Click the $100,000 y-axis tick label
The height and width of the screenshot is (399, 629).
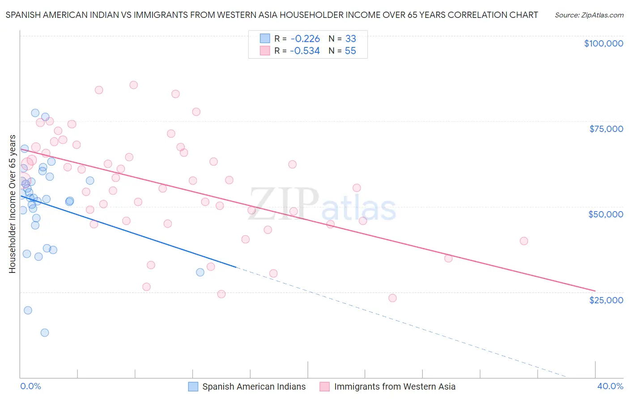point(603,43)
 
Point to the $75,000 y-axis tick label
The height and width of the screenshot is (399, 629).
point(606,129)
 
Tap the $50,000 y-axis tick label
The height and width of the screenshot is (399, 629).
point(606,214)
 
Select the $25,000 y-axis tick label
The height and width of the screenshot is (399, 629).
point(606,300)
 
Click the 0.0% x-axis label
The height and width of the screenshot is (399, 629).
point(30,386)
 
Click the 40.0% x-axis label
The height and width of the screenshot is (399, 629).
point(610,386)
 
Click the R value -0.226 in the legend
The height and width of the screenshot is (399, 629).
point(305,39)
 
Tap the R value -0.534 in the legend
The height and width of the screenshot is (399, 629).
point(305,51)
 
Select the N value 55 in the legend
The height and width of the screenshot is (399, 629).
point(350,51)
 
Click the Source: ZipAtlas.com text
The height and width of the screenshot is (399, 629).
point(589,15)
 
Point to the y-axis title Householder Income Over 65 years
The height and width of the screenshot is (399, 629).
point(12,204)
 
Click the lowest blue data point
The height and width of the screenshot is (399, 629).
point(45,332)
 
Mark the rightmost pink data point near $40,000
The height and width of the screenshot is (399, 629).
point(524,241)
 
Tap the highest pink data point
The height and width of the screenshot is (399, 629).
point(133,85)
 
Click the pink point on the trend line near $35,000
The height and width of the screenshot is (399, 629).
point(448,258)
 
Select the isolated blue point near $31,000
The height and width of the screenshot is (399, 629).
point(200,272)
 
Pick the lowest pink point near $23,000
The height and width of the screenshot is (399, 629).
point(392,298)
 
